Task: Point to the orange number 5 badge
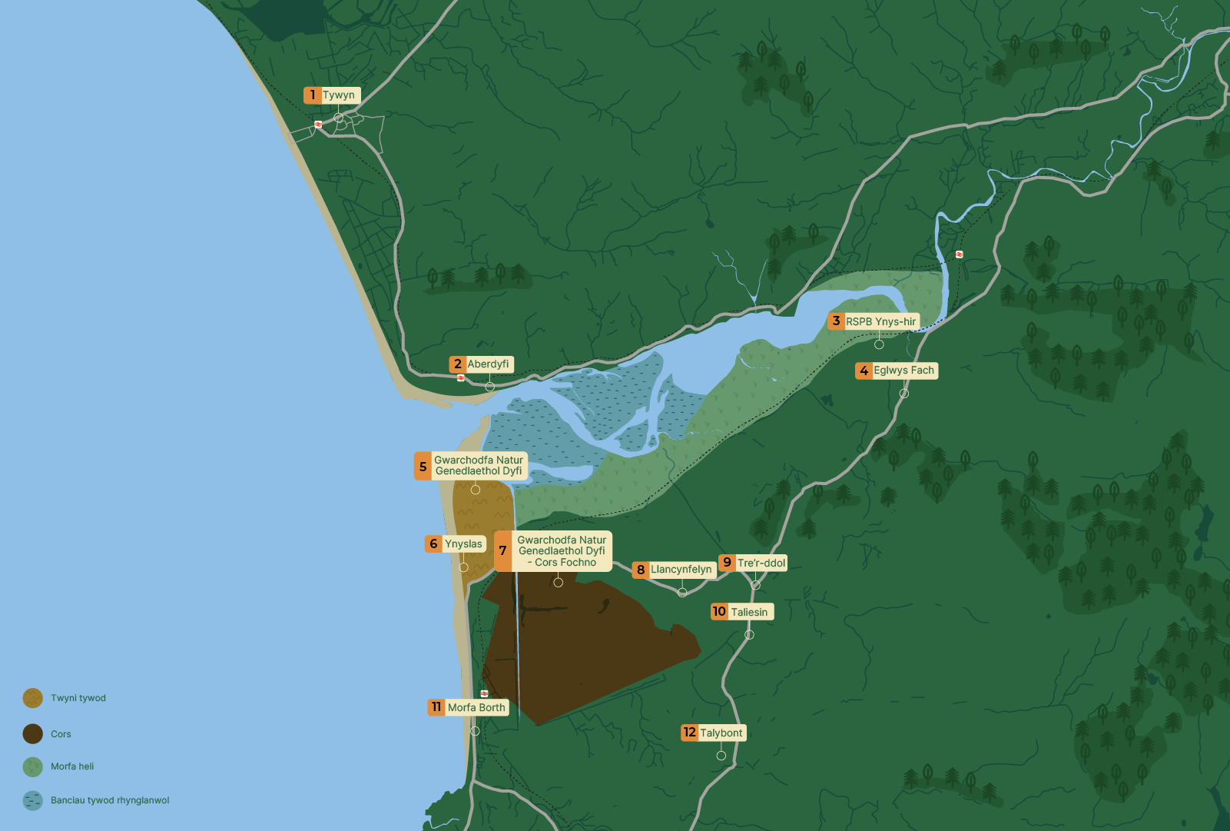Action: (x=423, y=467)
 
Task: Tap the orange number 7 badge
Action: (x=502, y=551)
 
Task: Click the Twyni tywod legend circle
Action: (x=33, y=698)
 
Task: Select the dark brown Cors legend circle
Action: (x=33, y=734)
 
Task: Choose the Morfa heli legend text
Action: (x=72, y=766)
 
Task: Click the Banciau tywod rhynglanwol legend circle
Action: (x=33, y=800)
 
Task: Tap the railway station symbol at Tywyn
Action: (x=318, y=125)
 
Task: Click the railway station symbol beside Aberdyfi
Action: (x=460, y=377)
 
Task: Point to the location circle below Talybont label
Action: (x=721, y=756)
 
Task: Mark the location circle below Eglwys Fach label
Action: (x=904, y=394)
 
